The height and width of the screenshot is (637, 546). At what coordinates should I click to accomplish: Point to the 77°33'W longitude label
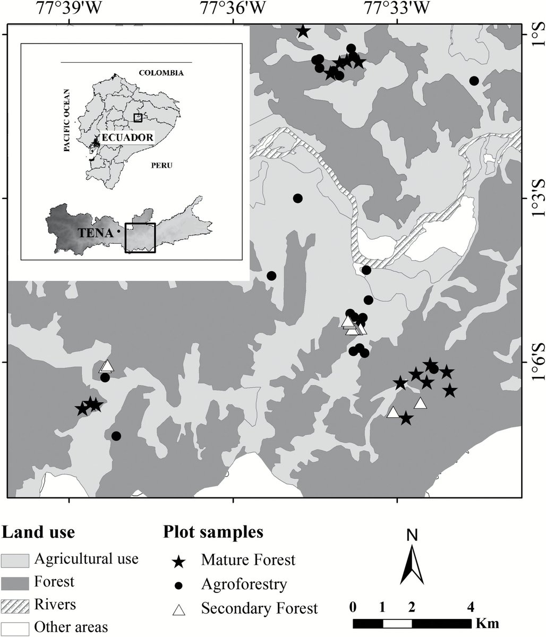point(397,7)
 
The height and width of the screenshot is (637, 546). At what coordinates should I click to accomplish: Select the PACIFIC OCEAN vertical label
point(67,121)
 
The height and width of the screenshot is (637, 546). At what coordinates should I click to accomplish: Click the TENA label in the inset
point(95,233)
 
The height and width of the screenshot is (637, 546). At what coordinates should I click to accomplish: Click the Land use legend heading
point(38,531)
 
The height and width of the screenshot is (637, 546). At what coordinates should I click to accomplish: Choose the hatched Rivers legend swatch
point(16,605)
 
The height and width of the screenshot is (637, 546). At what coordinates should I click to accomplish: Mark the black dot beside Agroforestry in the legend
point(180,586)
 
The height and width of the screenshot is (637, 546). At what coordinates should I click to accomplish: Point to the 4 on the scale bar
point(470,606)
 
